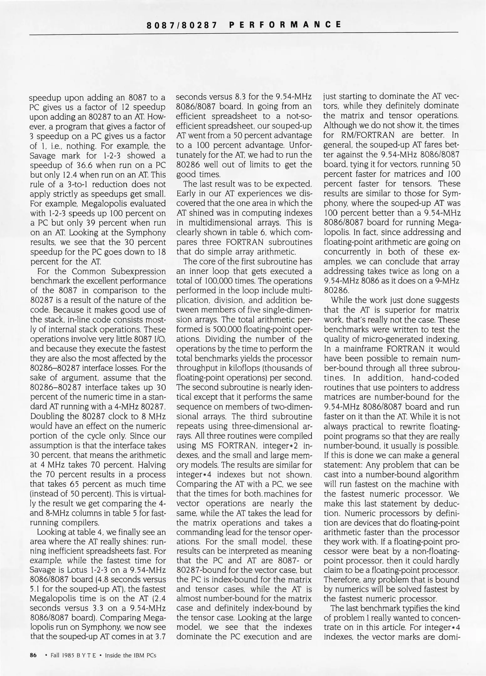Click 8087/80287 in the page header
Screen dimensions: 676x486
pyautogui.click(x=182, y=25)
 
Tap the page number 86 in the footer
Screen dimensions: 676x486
pyautogui.click(x=33, y=655)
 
